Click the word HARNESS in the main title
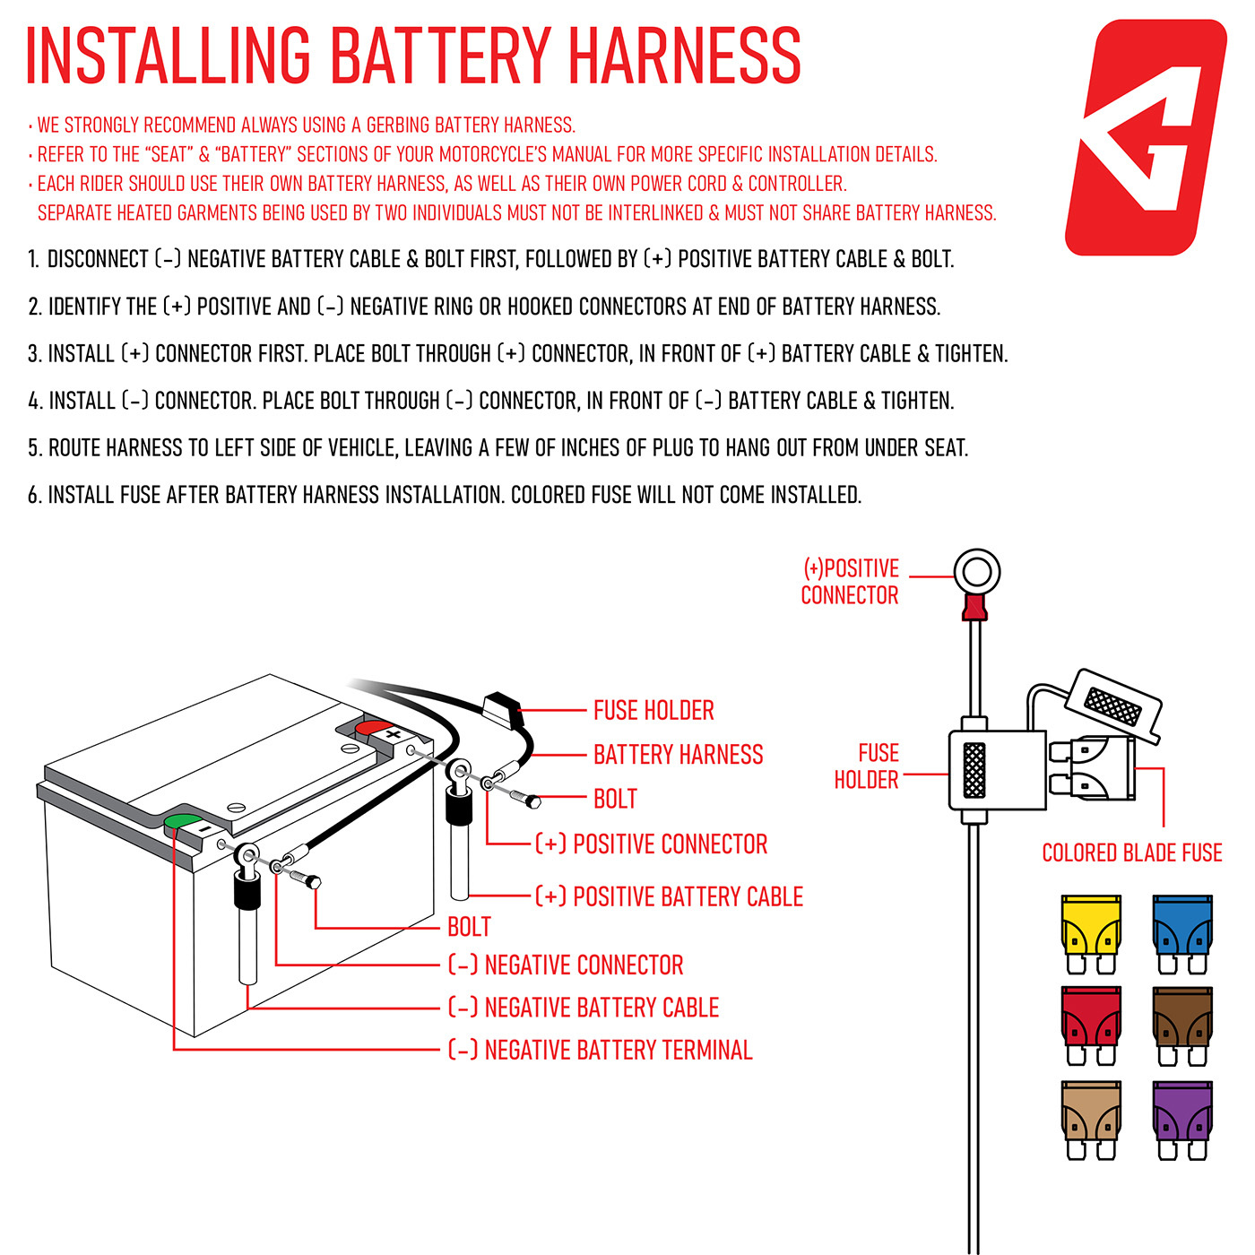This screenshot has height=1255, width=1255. click(x=685, y=56)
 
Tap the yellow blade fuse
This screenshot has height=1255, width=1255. click(x=1090, y=933)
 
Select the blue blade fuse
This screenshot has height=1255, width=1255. click(x=1182, y=933)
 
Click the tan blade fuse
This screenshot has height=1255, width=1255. click(x=1090, y=1119)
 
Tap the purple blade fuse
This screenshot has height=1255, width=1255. click(x=1182, y=1119)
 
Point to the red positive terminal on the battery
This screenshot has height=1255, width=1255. click(x=374, y=726)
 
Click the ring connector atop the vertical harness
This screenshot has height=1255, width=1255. click(x=975, y=572)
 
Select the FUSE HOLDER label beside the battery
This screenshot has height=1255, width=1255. click(x=653, y=711)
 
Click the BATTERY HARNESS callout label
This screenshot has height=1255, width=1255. click(x=678, y=755)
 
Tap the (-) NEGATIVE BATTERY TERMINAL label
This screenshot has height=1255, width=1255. click(x=600, y=1050)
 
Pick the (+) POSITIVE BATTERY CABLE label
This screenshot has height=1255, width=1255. click(x=669, y=896)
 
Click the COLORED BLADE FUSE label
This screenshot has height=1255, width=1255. click(x=1131, y=853)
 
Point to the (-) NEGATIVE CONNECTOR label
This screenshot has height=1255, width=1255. click(x=566, y=965)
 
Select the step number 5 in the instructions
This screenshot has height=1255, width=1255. click(x=34, y=448)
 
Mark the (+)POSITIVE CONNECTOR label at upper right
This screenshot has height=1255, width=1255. click(x=850, y=582)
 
